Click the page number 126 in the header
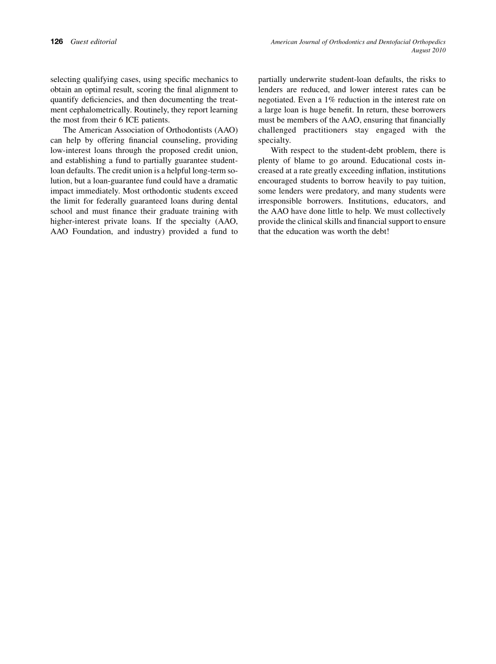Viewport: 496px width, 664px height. point(56,42)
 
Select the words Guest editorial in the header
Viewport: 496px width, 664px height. point(93,42)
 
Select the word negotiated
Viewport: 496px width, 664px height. point(277,100)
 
